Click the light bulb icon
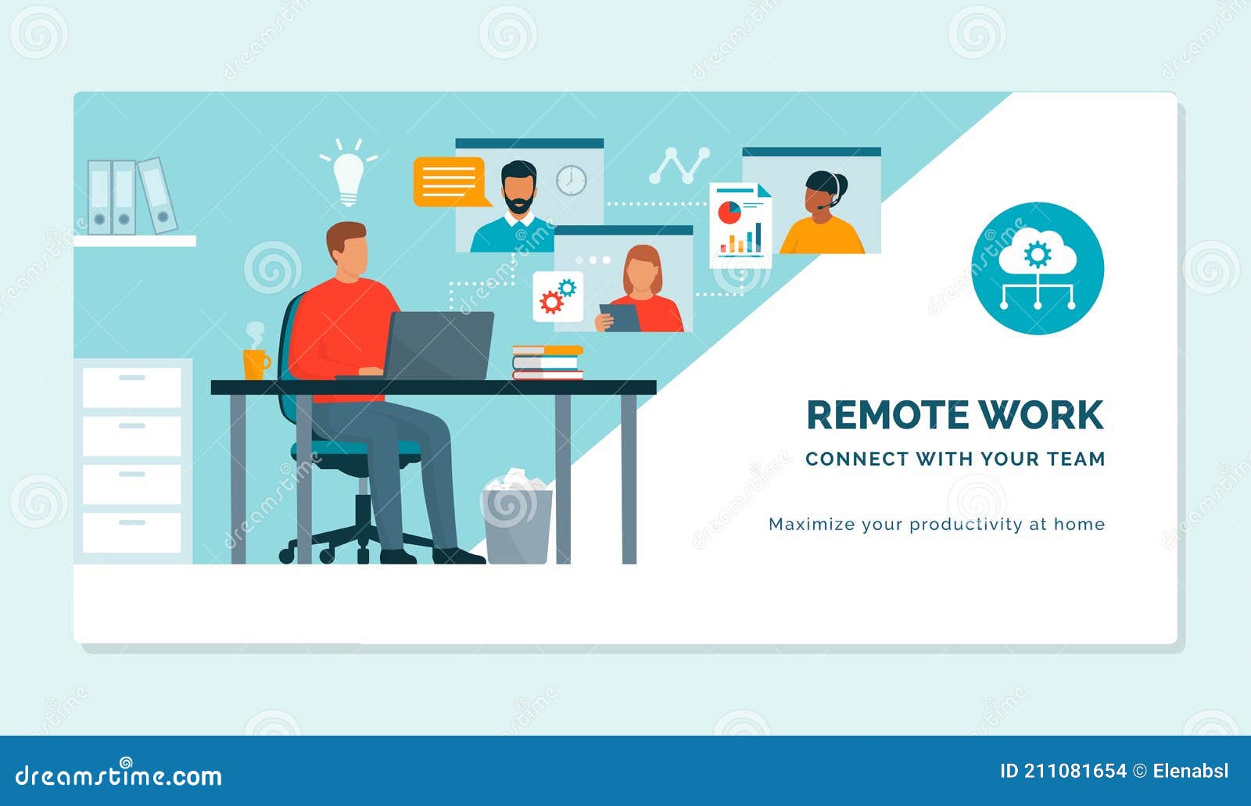[x=348, y=175]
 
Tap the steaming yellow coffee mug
[x=255, y=364]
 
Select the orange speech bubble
[x=448, y=181]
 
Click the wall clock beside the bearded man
[x=572, y=181]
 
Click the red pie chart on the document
[x=729, y=212]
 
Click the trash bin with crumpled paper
[x=517, y=519]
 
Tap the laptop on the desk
[x=438, y=346]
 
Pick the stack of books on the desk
[x=547, y=363]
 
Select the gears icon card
[x=557, y=297]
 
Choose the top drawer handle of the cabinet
[x=132, y=378]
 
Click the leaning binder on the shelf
[x=158, y=195]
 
